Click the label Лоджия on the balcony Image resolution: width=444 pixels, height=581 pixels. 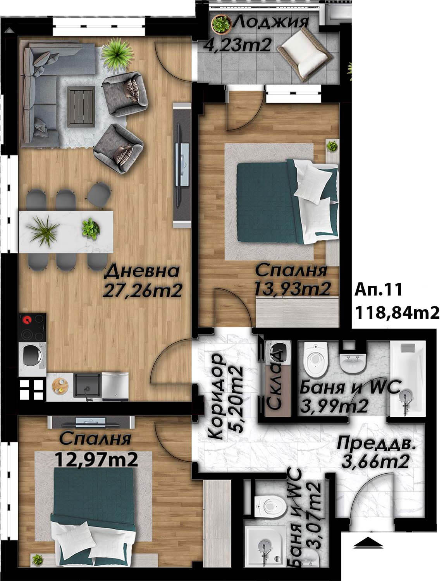271,22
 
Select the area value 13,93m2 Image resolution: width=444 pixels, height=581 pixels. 292,288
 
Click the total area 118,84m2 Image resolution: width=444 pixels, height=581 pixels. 397,313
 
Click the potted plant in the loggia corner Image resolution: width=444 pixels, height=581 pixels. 220,24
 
